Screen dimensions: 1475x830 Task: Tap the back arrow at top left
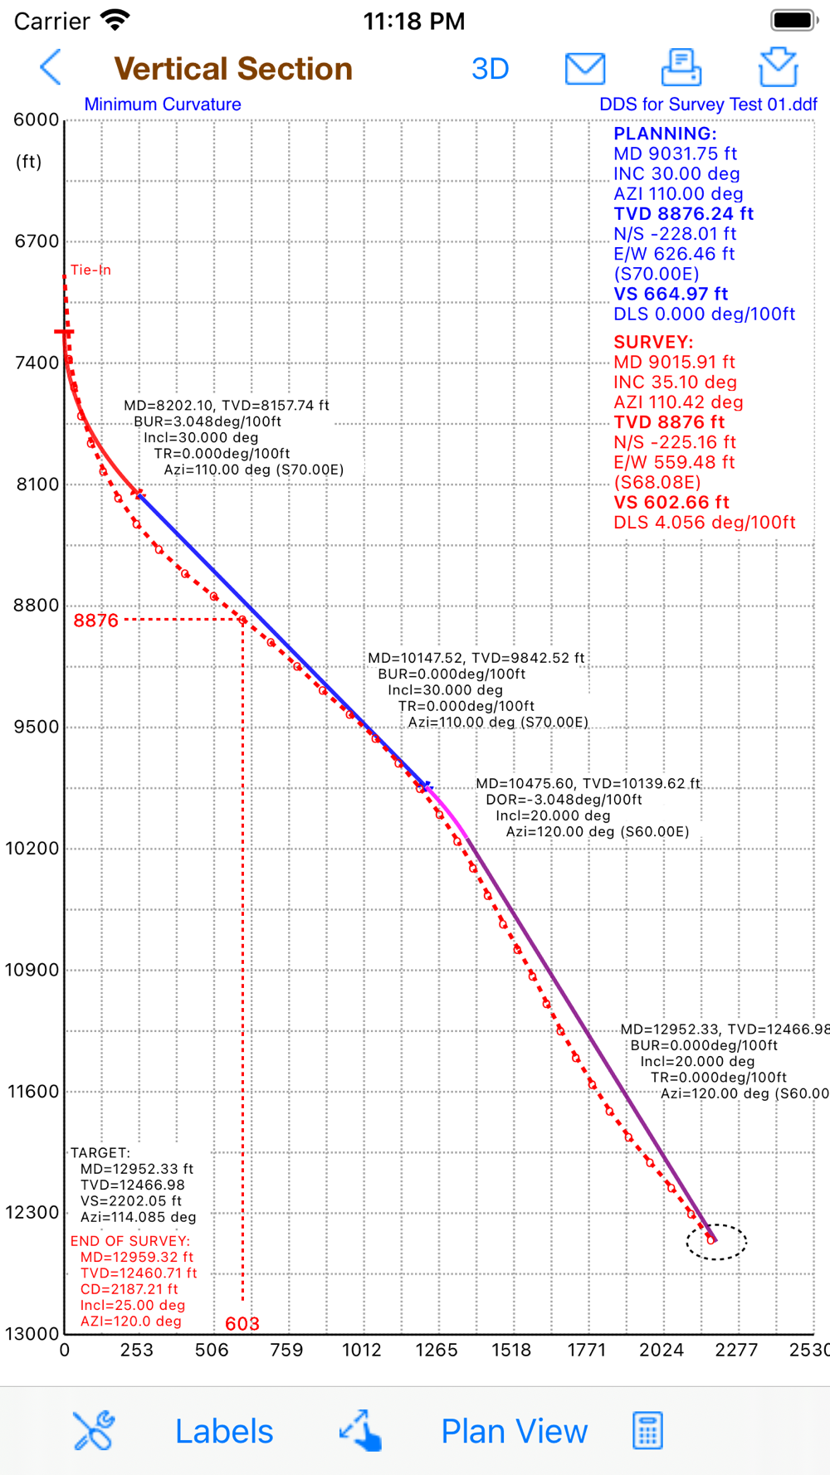[51, 67]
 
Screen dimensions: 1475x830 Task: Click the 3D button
[490, 69]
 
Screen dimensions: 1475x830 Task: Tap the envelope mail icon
[585, 68]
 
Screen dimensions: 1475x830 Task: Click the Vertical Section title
[233, 69]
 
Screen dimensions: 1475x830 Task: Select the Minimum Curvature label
[163, 105]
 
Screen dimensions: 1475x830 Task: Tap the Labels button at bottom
[224, 1431]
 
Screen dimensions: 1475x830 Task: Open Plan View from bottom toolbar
[514, 1431]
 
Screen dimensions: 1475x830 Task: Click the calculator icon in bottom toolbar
[647, 1430]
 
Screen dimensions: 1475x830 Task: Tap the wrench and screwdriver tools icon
[94, 1430]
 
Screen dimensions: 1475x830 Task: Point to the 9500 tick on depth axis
[37, 727]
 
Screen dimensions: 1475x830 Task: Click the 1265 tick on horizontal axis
[437, 1350]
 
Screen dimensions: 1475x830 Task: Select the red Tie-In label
[90, 270]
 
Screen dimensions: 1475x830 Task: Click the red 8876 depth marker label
[96, 621]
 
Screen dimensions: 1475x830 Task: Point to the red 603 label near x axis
[242, 1323]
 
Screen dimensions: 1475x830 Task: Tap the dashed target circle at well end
[715, 1242]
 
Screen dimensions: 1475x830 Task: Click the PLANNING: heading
[665, 134]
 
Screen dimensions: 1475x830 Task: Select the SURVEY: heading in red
[653, 342]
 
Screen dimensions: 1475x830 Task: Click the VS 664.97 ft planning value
[671, 294]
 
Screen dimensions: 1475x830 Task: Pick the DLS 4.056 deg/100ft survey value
[704, 523]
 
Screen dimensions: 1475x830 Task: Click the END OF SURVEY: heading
[130, 1241]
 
